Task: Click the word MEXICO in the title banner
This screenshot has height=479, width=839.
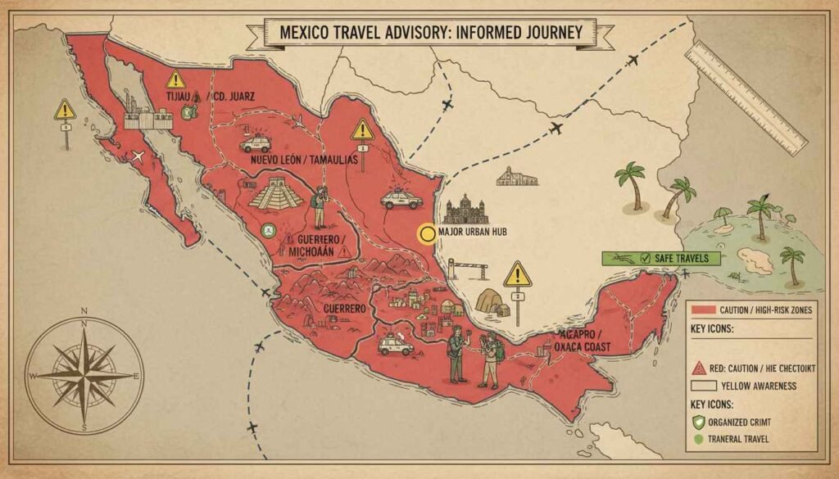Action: [308, 33]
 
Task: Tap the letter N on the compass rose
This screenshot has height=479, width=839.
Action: [84, 312]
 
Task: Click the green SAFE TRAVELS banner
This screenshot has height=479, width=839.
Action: [661, 258]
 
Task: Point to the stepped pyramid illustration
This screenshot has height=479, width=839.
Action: [275, 195]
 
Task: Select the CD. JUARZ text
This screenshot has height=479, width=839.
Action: [234, 97]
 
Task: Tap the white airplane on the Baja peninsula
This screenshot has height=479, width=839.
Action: [138, 156]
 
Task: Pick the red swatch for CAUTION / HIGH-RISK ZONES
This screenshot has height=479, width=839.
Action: [701, 309]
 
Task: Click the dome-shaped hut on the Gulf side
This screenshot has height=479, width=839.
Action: [492, 301]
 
